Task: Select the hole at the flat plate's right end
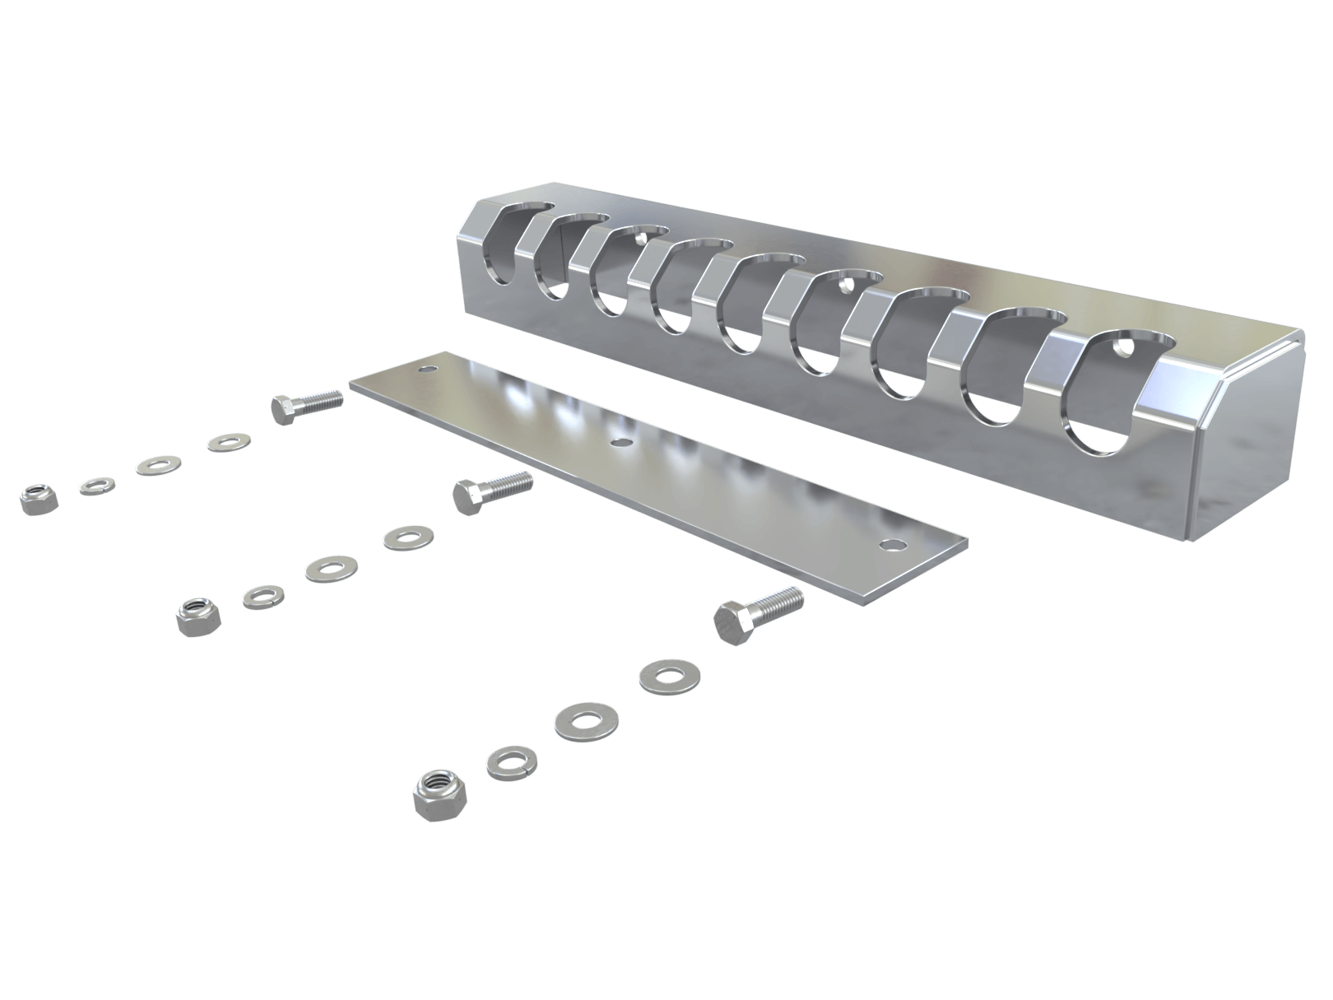click(889, 544)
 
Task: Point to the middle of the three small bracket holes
click(847, 286)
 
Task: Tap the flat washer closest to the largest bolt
click(669, 676)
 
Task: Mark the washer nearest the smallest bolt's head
click(229, 443)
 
